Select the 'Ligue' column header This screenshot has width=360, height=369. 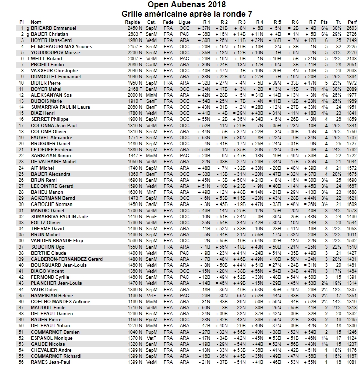185,22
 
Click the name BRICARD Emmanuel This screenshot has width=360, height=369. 54,28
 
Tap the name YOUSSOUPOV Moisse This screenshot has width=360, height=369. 56,52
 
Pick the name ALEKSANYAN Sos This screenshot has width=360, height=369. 51,95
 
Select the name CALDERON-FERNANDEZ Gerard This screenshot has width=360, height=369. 66,259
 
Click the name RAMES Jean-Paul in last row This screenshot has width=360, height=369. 50,362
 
